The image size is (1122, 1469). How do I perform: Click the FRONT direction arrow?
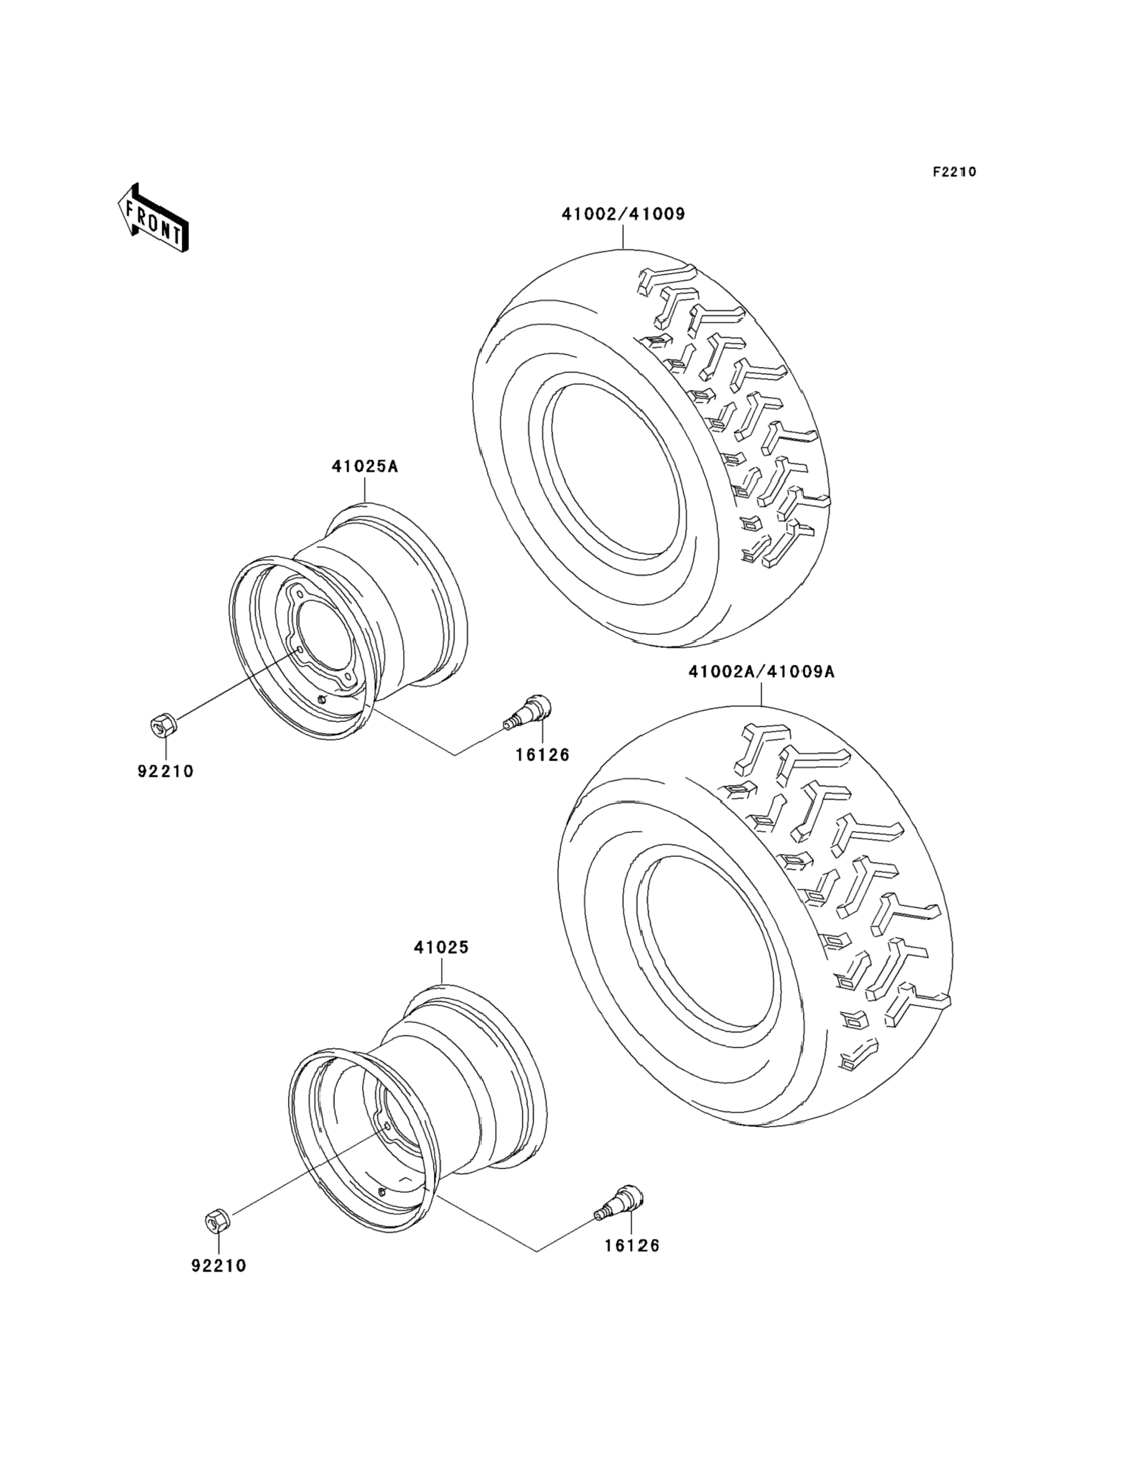tap(153, 218)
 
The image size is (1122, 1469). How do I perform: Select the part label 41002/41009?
tap(623, 215)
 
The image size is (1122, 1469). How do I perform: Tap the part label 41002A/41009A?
tap(761, 672)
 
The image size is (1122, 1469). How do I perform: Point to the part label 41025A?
tap(364, 466)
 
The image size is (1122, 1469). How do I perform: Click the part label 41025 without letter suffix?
tap(441, 947)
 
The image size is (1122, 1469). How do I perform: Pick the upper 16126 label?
tap(542, 754)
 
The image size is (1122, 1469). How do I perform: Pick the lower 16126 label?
tap(632, 1245)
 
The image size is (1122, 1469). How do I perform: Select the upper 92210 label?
tap(165, 771)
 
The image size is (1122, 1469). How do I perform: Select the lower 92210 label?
tap(219, 1266)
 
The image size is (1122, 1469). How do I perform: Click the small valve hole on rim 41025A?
tap(323, 700)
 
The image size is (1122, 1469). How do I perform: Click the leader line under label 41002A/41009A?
tap(761, 693)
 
